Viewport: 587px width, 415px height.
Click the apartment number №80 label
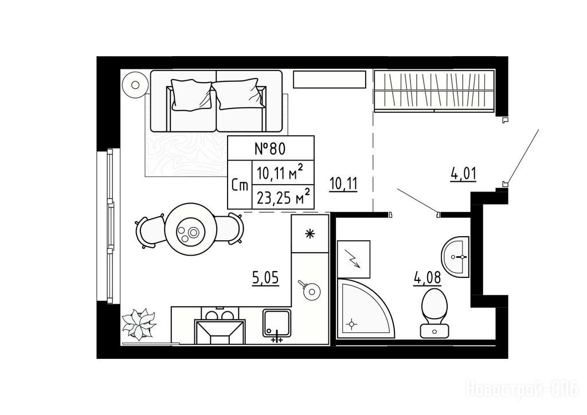(x=270, y=148)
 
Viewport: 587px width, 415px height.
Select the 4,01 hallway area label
(x=463, y=174)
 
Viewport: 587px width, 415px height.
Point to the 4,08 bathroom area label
(x=427, y=279)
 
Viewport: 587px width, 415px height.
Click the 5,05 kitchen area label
(x=265, y=278)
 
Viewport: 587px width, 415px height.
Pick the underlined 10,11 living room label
(x=344, y=184)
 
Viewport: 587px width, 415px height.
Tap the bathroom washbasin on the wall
(x=455, y=257)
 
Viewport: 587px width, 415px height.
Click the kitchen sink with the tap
(x=277, y=324)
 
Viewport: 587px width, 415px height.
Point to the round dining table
(x=191, y=229)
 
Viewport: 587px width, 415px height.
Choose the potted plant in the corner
(x=139, y=323)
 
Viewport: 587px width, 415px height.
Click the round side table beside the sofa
(x=135, y=85)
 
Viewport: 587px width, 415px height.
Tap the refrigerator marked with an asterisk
(x=310, y=234)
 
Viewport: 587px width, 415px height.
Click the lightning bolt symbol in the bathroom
(x=354, y=259)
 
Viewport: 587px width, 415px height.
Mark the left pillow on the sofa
(x=190, y=95)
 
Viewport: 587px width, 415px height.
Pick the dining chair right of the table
(x=230, y=229)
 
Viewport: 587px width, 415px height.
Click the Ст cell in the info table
(x=240, y=185)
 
